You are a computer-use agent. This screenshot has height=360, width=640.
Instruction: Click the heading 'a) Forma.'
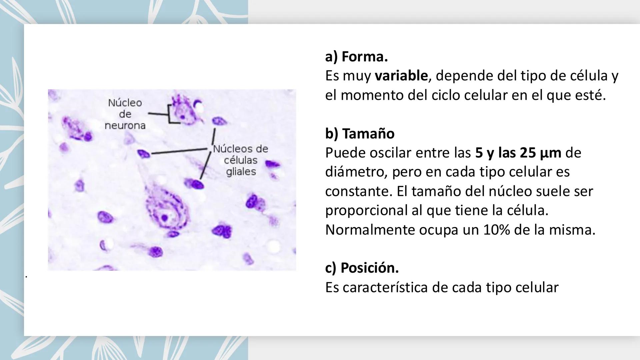tap(356, 57)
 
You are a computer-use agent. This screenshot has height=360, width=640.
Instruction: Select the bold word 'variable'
tap(401, 76)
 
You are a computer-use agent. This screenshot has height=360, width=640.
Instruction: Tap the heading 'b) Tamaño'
tap(360, 134)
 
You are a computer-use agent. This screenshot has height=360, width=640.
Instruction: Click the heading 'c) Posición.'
tap(362, 268)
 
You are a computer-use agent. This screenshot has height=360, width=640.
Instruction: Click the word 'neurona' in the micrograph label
tap(125, 126)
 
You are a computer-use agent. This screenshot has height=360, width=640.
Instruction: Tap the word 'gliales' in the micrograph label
tap(241, 172)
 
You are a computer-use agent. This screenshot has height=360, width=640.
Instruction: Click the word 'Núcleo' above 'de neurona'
tap(125, 103)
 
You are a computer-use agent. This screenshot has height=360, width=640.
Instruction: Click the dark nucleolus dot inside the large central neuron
tap(164, 218)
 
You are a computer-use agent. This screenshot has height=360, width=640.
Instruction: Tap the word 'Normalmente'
tap(370, 230)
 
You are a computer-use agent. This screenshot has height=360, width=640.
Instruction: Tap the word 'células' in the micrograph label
tap(241, 160)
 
